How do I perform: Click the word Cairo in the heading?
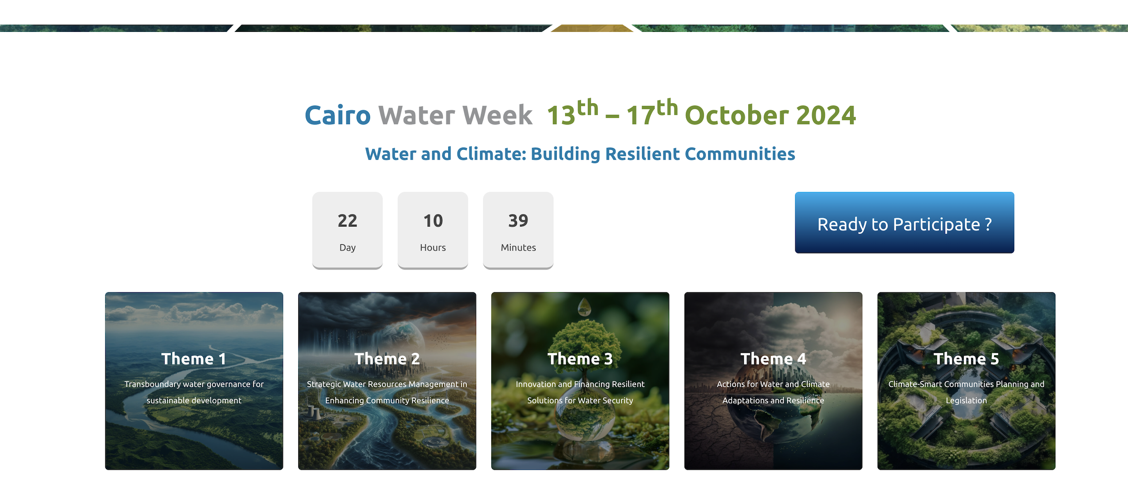(x=337, y=115)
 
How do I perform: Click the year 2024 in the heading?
(x=826, y=115)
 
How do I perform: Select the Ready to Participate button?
(x=904, y=223)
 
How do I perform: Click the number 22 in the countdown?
(x=347, y=221)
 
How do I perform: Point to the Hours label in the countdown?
(x=433, y=247)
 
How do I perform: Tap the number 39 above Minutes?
(x=518, y=221)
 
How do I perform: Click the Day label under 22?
(x=347, y=248)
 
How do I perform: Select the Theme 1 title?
(x=194, y=359)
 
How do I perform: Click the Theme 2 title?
(x=387, y=359)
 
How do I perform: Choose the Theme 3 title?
(x=580, y=359)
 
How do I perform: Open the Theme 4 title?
(x=773, y=359)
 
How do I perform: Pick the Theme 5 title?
(x=966, y=359)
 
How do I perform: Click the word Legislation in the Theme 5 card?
(x=966, y=401)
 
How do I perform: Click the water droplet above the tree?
(x=584, y=307)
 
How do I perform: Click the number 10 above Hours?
(x=433, y=221)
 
